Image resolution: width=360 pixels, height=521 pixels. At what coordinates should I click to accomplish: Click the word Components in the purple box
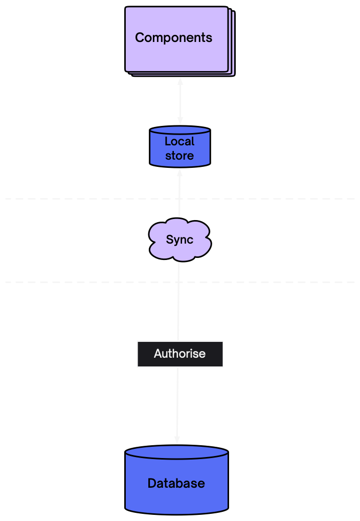[173, 38]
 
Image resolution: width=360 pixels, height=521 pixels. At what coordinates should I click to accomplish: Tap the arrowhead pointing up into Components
[180, 81]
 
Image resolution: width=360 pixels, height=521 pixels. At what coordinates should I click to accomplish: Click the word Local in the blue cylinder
[179, 142]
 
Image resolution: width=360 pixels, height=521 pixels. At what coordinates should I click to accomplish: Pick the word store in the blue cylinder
[179, 156]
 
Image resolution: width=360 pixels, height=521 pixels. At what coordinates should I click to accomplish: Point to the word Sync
[179, 240]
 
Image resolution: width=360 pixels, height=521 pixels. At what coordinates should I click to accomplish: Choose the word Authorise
[179, 354]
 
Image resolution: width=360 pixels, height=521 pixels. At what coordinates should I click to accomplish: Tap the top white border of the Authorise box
[153, 341]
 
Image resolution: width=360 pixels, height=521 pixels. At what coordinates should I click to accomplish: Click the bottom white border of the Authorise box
[153, 367]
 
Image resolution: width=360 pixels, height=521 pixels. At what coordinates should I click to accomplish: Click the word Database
[176, 483]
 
